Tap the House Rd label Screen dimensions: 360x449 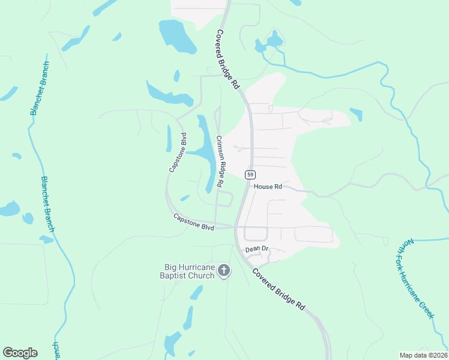pos(268,187)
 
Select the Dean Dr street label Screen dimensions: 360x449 pos(256,249)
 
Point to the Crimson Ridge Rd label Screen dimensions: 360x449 pos(220,160)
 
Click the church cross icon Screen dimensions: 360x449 pos(224,271)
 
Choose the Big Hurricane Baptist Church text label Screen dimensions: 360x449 pos(189,271)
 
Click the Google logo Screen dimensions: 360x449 pos(20,353)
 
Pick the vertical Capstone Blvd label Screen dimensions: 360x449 pos(178,152)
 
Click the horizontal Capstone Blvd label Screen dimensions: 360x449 pos(194,222)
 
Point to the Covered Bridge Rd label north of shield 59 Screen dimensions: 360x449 pos(228,59)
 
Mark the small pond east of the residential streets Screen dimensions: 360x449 pos(357,114)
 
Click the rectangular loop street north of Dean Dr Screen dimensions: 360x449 pos(256,234)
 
